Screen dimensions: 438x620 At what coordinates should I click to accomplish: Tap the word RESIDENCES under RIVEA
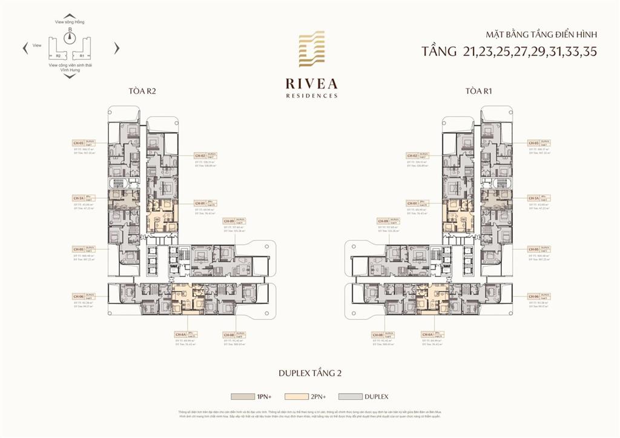click(x=312, y=96)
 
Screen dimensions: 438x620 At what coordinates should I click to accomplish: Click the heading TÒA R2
click(x=143, y=91)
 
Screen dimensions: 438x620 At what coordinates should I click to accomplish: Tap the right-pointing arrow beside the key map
click(x=117, y=48)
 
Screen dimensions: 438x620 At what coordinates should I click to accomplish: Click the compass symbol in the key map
click(x=70, y=37)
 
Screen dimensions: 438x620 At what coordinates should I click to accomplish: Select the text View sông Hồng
click(x=70, y=21)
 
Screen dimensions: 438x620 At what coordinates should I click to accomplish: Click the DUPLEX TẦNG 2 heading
click(x=310, y=373)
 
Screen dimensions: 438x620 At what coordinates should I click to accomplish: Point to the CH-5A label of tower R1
click(x=533, y=198)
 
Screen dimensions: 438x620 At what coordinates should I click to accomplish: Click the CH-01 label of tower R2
click(x=200, y=204)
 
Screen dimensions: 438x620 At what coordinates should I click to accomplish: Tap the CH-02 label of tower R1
click(x=413, y=156)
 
